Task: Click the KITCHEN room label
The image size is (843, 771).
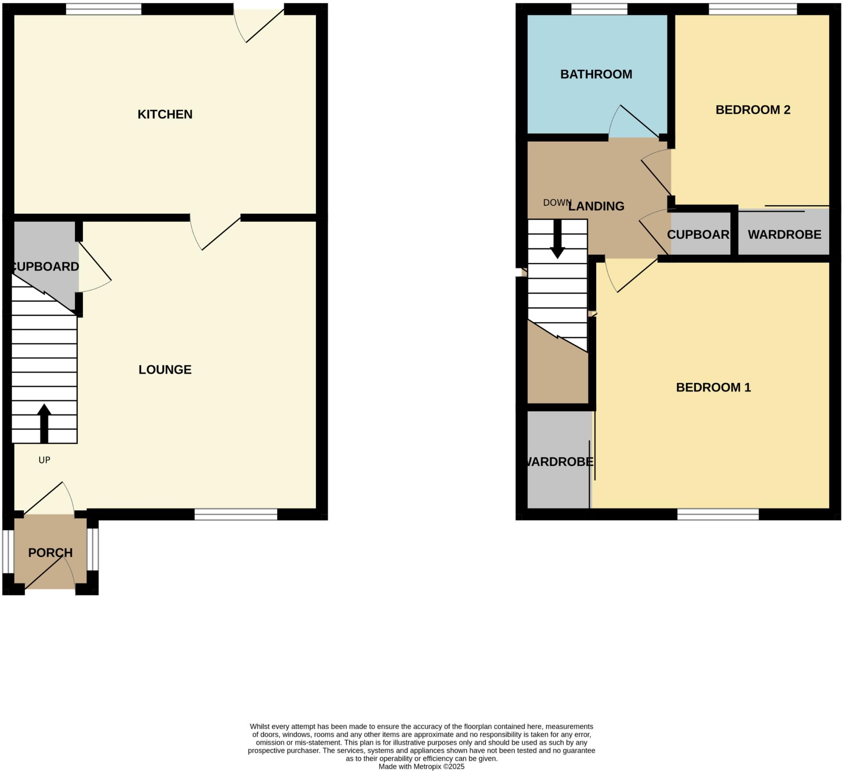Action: coord(165,114)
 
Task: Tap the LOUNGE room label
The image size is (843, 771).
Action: coord(165,369)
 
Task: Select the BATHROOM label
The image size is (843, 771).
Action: coord(596,74)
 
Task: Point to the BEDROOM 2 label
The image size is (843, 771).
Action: coord(753,109)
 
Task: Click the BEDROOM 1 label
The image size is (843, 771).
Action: coord(713,388)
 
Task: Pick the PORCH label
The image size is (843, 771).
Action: coord(50,553)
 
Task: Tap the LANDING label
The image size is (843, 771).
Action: coord(596,206)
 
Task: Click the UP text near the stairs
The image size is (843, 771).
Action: coord(44,460)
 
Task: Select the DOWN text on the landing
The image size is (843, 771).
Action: coord(557,203)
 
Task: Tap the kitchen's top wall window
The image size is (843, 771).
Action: coord(104,9)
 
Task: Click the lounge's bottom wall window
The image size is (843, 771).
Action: coord(236,514)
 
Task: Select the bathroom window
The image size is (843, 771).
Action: coord(599,9)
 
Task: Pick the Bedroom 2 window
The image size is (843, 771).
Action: coord(753,9)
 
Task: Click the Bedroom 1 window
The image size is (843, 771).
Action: coord(718,514)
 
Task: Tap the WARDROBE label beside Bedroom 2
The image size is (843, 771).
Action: coord(785,235)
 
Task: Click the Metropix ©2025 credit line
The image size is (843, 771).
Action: coord(421,766)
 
